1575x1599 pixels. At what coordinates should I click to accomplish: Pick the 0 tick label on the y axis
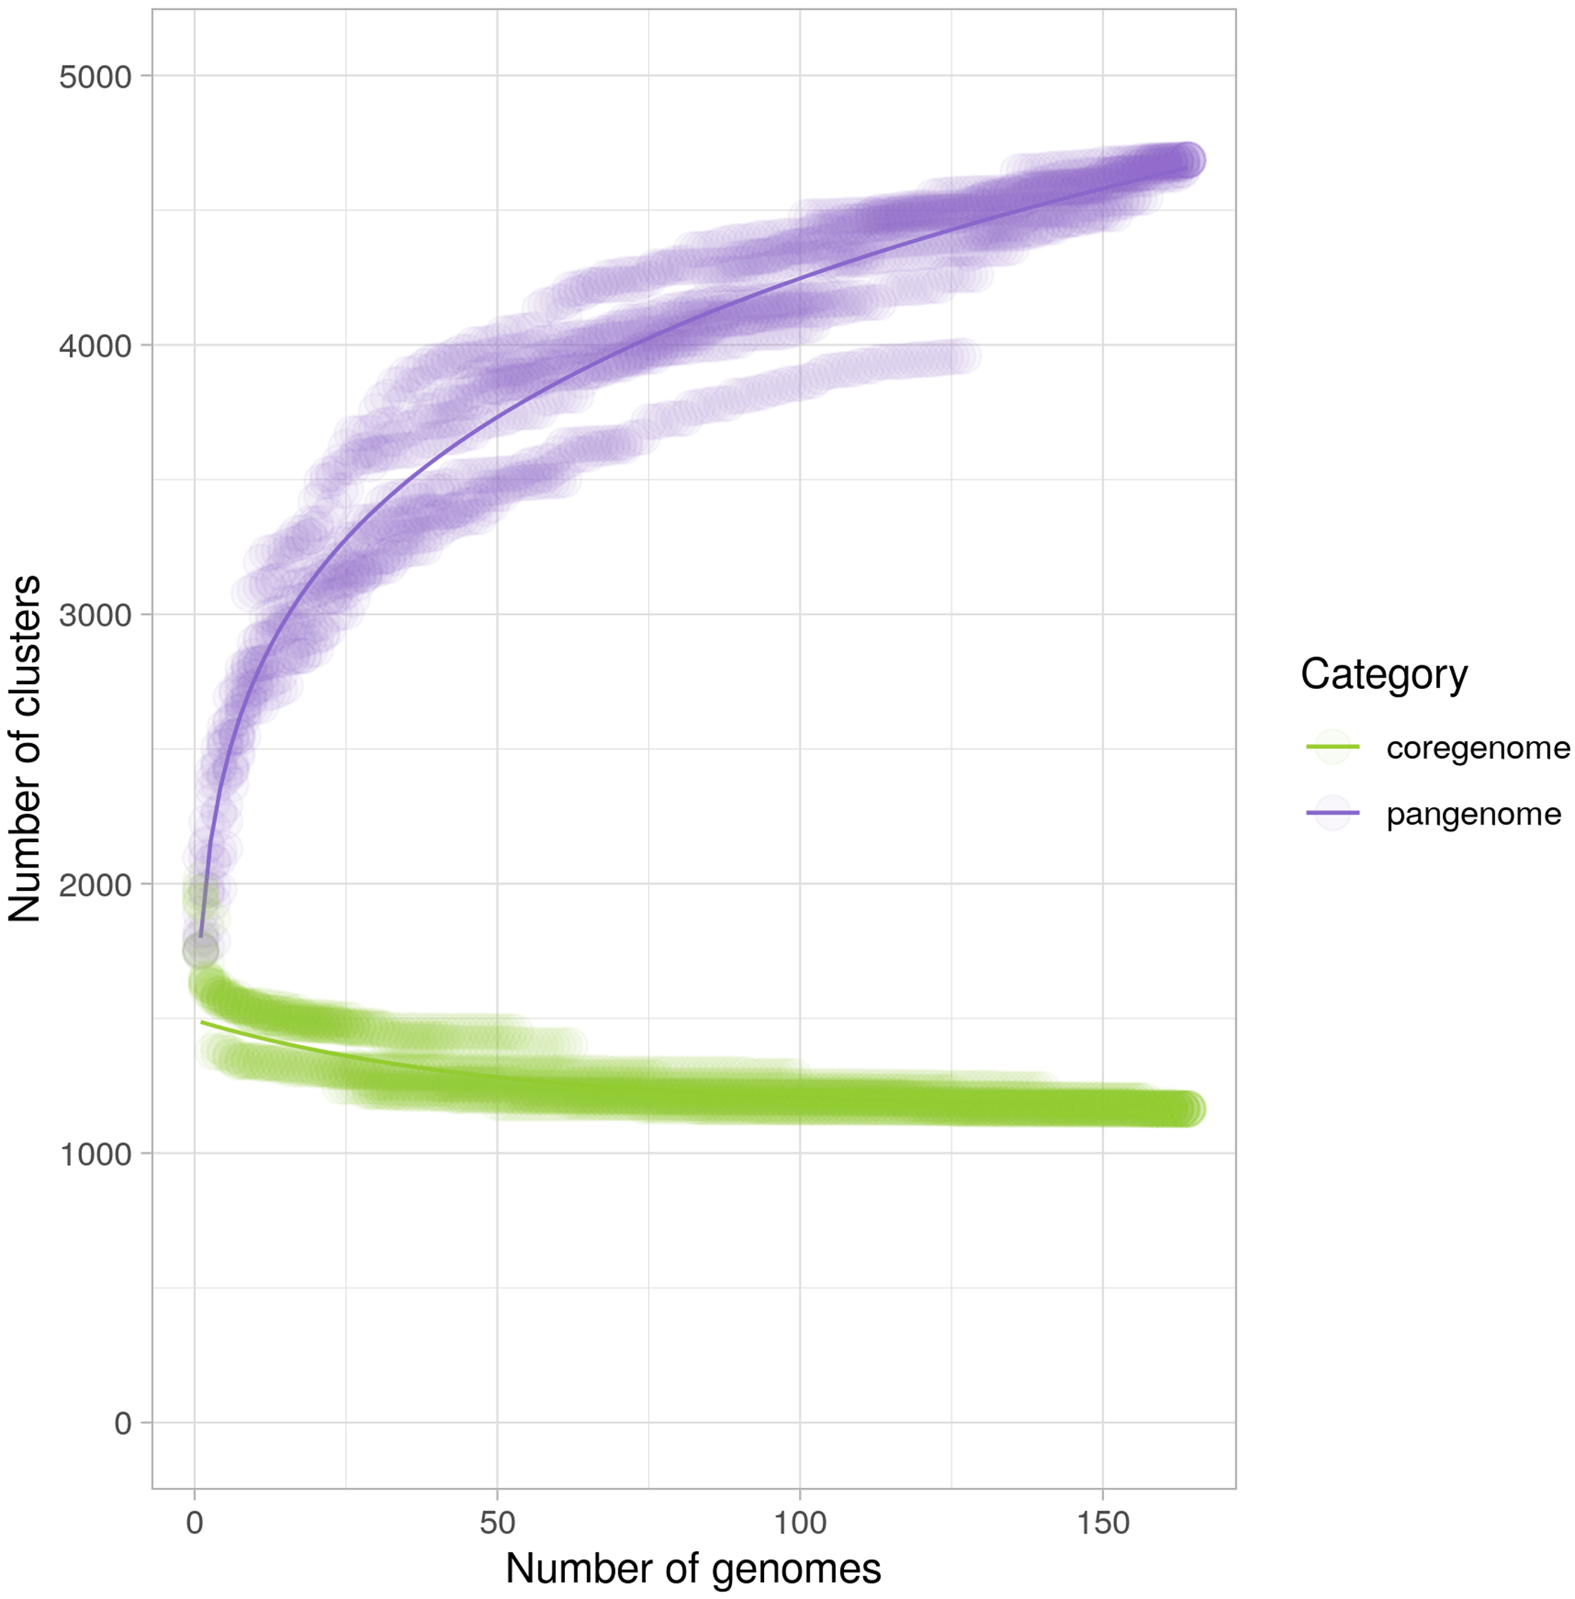point(123,1424)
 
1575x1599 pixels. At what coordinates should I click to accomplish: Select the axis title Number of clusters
point(25,749)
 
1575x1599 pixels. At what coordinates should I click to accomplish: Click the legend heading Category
point(1384,674)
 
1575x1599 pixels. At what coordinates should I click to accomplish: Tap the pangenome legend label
point(1473,814)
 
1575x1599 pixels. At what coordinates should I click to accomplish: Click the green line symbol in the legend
point(1332,747)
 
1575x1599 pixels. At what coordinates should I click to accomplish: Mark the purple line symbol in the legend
point(1332,813)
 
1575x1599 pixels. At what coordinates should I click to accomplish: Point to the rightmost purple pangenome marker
point(1188,160)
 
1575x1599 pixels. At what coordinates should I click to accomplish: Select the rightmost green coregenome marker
point(1188,1109)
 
